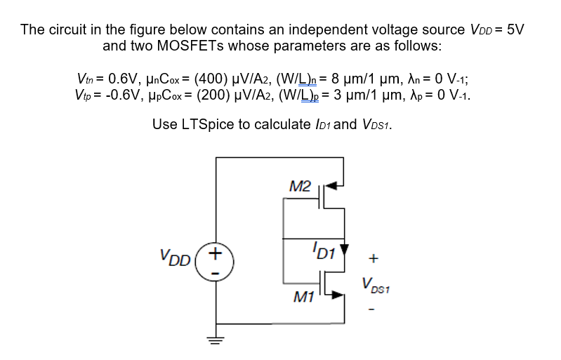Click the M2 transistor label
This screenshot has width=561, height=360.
point(300,186)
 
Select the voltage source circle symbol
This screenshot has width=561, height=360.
point(216,260)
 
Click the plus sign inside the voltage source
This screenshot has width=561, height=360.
point(216,251)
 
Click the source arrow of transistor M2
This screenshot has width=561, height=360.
point(337,186)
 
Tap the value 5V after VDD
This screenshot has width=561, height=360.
point(515,29)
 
